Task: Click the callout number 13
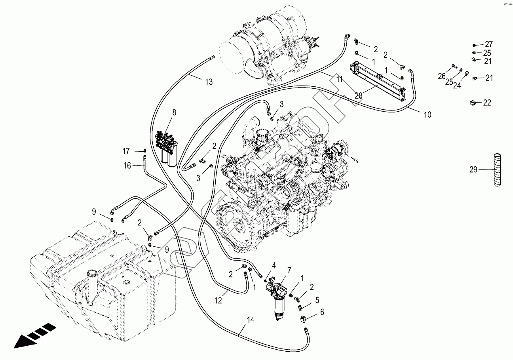pos(209,82)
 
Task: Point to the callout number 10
pos(427,115)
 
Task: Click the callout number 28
pos(358,96)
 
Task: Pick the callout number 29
pos(473,170)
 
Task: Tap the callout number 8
pos(174,112)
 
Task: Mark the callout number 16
pos(127,166)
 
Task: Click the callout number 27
pos(489,44)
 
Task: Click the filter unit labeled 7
pos(279,295)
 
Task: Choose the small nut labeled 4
pos(265,280)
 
